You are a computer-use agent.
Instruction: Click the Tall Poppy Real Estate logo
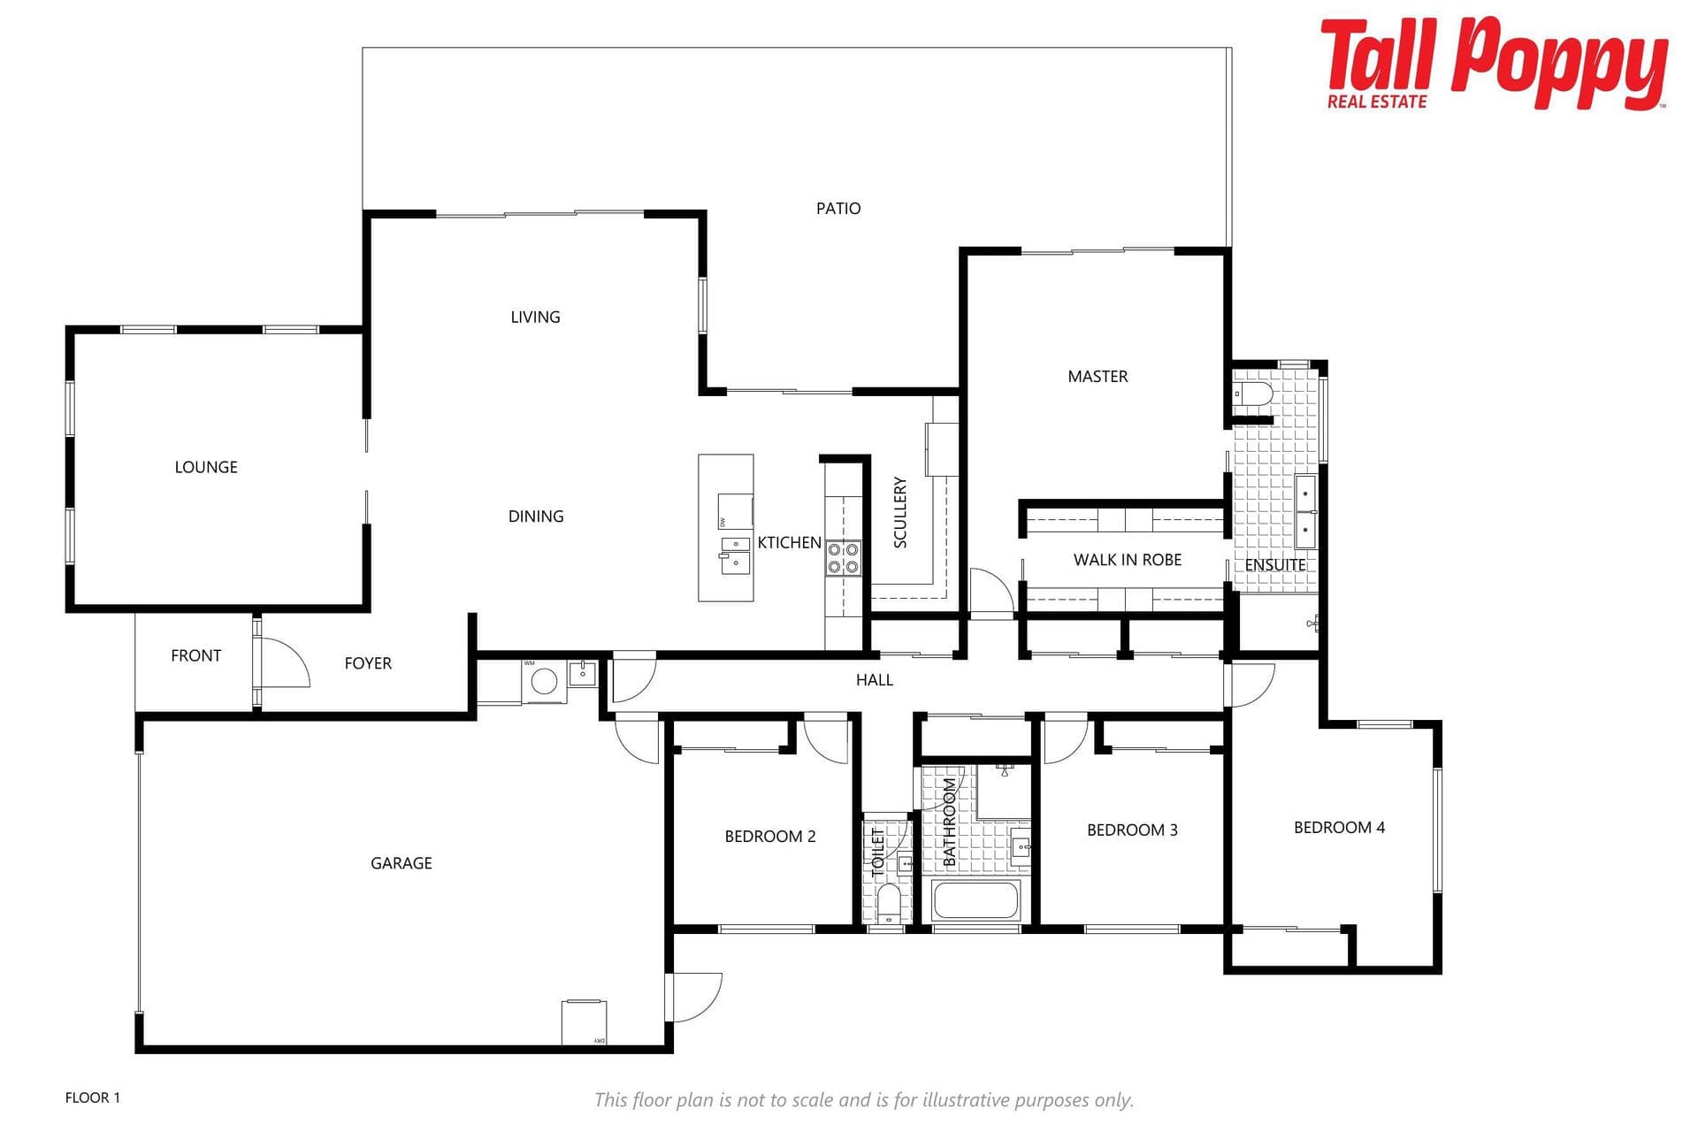coord(1494,64)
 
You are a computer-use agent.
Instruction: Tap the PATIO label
coord(838,209)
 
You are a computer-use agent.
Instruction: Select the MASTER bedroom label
coord(1098,377)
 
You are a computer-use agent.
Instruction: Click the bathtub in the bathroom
coord(976,901)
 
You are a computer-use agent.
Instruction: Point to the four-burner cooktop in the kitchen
coord(843,558)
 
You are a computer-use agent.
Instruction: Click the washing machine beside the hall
coord(544,681)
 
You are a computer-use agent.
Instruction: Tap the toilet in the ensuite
coord(1253,393)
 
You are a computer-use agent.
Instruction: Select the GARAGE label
coord(402,863)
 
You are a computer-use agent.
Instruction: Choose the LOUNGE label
coord(206,467)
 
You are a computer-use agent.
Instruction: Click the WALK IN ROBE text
coord(1128,560)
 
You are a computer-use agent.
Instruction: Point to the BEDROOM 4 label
coord(1339,828)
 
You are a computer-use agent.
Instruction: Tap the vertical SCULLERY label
coord(900,512)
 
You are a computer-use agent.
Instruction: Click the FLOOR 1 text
coord(93,1098)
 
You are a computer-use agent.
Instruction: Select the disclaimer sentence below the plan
coord(863,1100)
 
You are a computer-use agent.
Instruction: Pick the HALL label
coord(875,680)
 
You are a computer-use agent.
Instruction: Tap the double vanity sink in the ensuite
coord(1305,512)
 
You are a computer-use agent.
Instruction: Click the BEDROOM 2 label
coord(770,837)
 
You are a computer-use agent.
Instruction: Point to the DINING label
coord(536,516)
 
